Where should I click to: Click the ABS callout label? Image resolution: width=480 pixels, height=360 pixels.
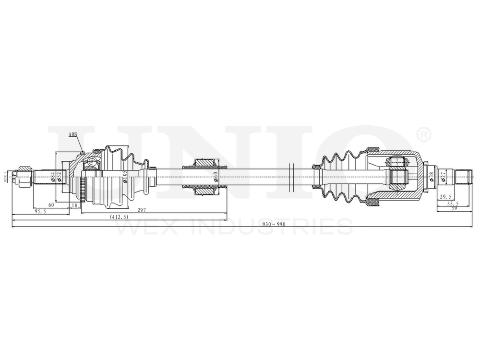(72, 134)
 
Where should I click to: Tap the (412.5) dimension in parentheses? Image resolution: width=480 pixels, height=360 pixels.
(119, 217)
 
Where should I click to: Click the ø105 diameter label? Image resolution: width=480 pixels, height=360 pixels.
(124, 176)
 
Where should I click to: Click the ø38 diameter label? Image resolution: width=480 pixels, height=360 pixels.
(431, 176)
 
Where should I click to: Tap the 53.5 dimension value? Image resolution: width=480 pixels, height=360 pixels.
(452, 203)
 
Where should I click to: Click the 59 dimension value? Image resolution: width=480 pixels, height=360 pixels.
(454, 208)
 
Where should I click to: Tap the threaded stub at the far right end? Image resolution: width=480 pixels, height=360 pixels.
(462, 176)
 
